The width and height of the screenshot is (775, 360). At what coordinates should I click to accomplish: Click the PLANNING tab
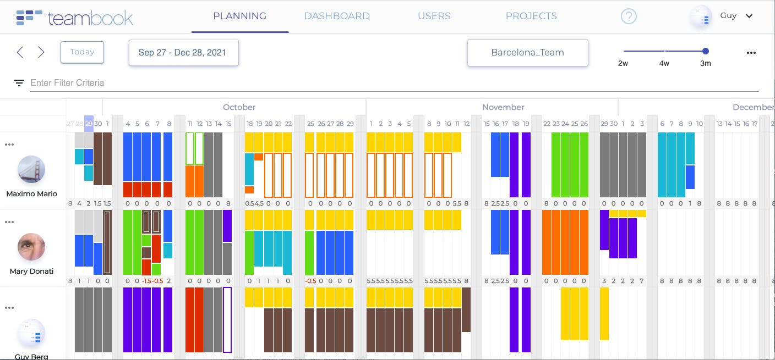(239, 16)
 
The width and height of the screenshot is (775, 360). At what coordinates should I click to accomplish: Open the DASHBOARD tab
(337, 16)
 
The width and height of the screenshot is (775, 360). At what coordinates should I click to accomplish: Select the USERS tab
(434, 16)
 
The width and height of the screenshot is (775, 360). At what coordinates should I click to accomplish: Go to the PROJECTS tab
(531, 16)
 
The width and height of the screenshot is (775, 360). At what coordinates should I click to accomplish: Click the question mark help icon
(629, 16)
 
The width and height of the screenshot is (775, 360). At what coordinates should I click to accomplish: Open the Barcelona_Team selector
(527, 53)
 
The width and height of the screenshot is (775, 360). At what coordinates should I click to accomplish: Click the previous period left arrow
(20, 52)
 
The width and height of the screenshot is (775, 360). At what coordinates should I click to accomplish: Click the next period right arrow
(41, 52)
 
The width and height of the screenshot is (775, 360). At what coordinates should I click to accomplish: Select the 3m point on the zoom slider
(706, 51)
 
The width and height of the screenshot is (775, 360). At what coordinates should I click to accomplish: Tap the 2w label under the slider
(623, 63)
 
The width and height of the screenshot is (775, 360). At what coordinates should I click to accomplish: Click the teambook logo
(75, 18)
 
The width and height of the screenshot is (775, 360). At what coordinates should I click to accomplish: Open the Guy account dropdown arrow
(749, 16)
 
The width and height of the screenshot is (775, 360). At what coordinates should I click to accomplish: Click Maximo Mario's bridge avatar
(31, 169)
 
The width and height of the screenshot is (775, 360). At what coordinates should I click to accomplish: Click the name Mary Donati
(31, 271)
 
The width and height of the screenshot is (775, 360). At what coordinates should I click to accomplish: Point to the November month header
(503, 107)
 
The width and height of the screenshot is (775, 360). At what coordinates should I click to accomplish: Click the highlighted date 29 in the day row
(89, 124)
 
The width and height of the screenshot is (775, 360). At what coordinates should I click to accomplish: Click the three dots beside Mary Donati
(9, 222)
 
